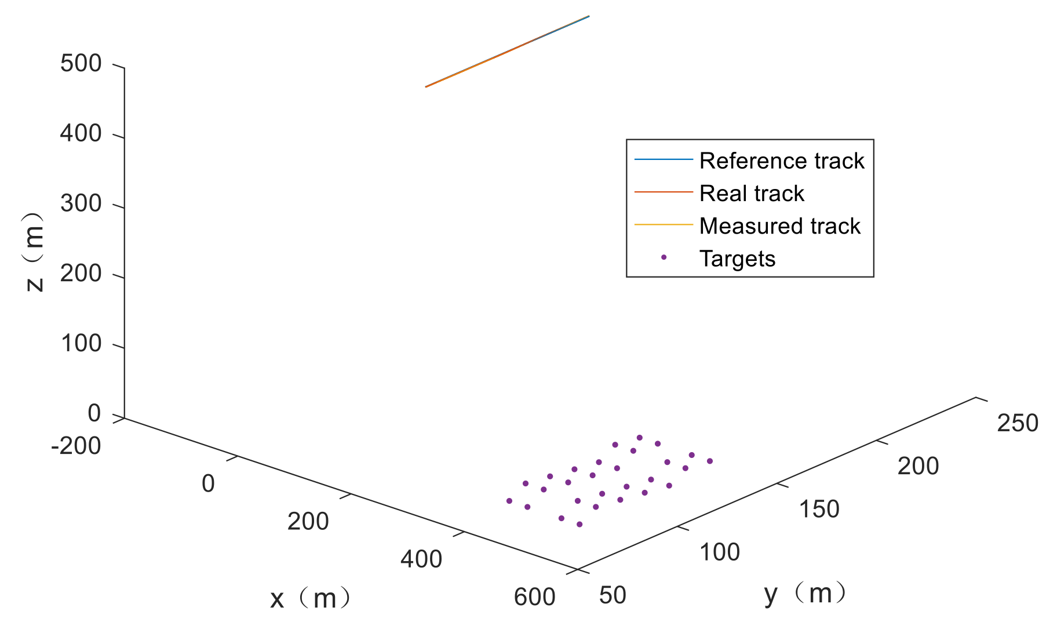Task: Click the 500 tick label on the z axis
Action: tap(81, 64)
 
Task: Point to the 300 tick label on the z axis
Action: tap(81, 204)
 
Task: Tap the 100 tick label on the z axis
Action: tap(81, 344)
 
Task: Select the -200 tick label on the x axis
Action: tap(76, 446)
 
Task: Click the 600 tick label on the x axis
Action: tap(534, 597)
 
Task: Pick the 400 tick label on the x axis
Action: tap(421, 559)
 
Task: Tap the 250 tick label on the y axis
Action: tap(1018, 423)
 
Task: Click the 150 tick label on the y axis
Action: tap(819, 510)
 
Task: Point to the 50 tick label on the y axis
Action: tap(613, 595)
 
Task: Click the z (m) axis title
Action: tap(35, 252)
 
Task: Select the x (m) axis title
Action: tap(310, 598)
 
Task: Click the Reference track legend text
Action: tap(782, 161)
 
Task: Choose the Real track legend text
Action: tap(752, 194)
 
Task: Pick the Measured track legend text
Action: tap(779, 226)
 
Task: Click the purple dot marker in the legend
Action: tap(664, 257)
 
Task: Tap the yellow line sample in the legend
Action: tap(664, 224)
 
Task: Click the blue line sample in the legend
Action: tap(664, 159)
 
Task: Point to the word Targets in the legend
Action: tap(737, 259)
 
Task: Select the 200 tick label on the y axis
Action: tap(918, 467)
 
